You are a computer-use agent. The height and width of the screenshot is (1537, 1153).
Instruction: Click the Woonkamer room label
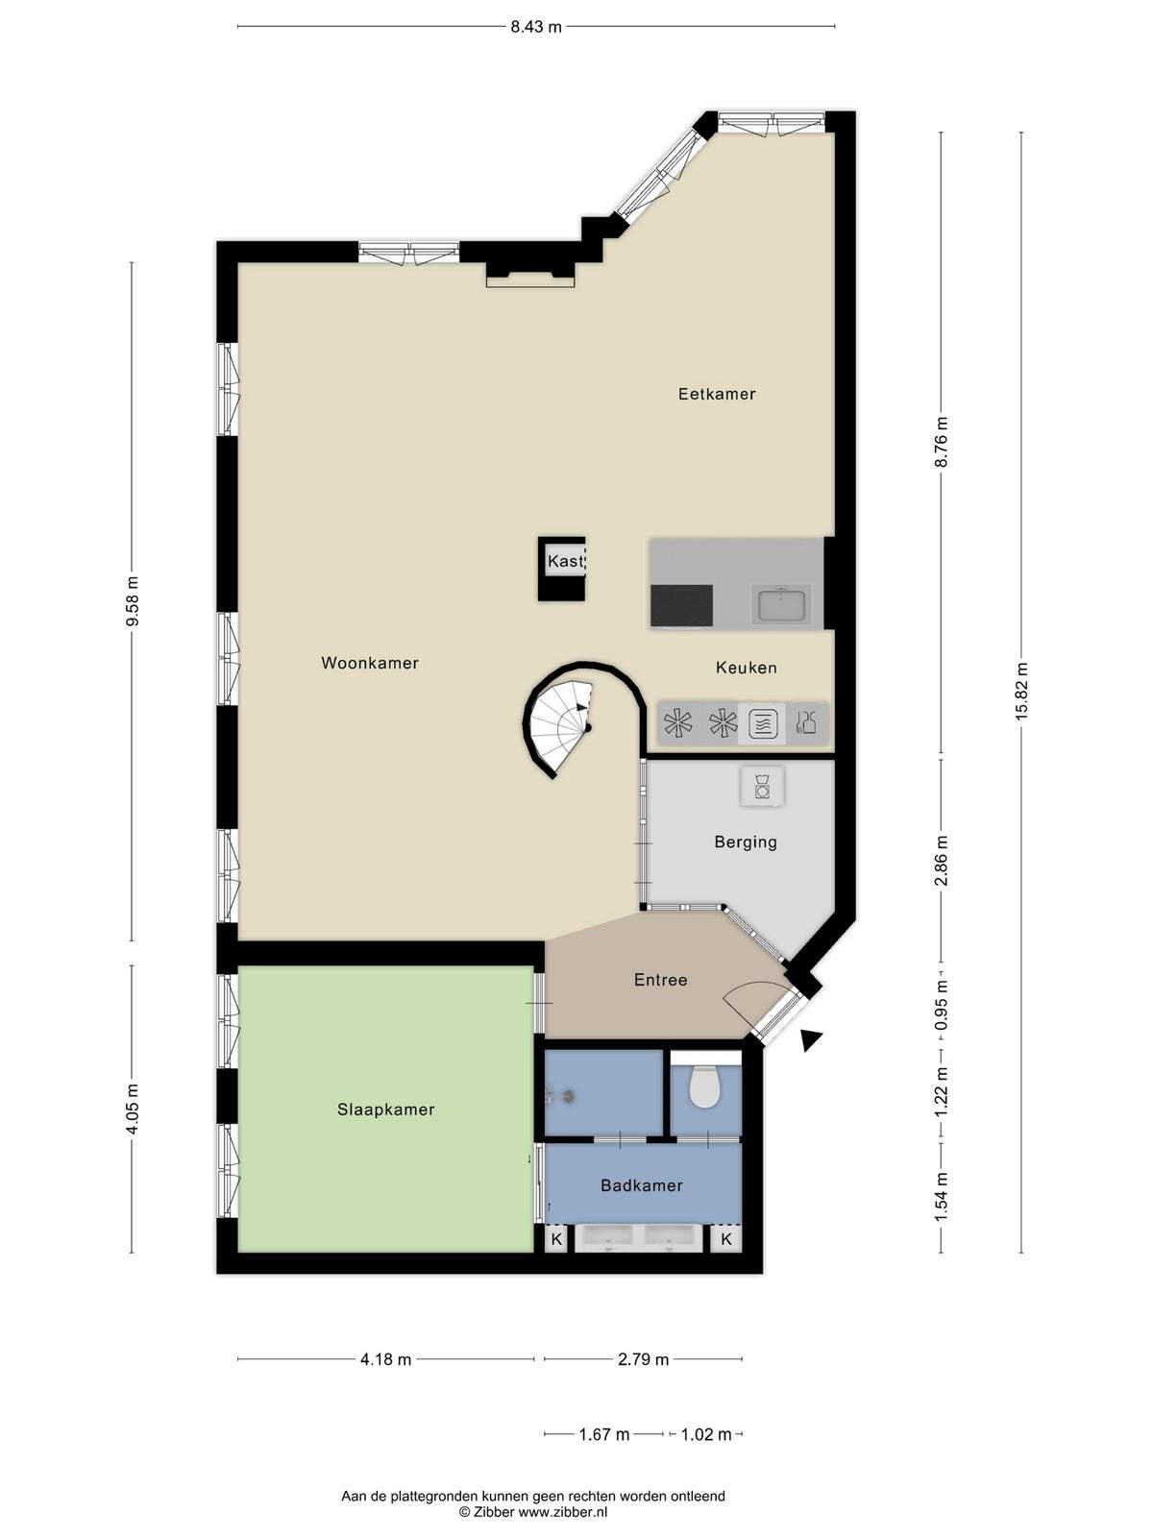(370, 663)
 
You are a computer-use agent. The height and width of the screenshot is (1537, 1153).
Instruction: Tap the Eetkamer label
(717, 394)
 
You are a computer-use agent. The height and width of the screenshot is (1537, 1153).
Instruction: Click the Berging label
(746, 842)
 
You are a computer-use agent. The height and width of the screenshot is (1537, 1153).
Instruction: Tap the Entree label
(660, 980)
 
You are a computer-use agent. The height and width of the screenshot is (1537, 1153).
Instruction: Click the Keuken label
(747, 668)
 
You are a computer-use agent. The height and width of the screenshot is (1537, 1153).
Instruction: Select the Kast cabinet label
(566, 561)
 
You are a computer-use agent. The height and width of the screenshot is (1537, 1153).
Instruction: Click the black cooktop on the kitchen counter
(681, 606)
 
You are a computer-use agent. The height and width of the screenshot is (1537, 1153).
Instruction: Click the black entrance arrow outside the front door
(811, 1040)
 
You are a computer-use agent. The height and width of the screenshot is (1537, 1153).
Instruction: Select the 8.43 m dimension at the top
(535, 27)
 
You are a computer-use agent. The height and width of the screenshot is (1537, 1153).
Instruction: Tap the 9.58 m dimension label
(133, 601)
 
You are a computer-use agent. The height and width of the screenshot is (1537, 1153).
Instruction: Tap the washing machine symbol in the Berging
(762, 786)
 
